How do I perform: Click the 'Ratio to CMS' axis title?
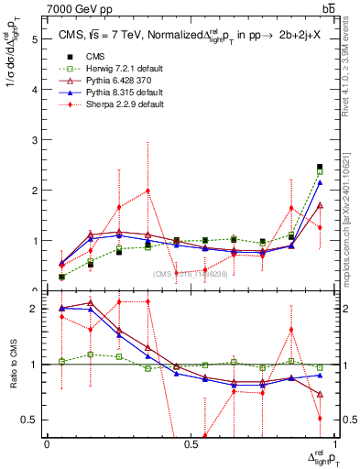click(13, 365)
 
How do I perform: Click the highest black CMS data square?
click(320, 167)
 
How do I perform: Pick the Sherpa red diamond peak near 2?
click(147, 191)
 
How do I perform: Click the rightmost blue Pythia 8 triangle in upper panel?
click(320, 182)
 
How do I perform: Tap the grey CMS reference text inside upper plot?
click(190, 274)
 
